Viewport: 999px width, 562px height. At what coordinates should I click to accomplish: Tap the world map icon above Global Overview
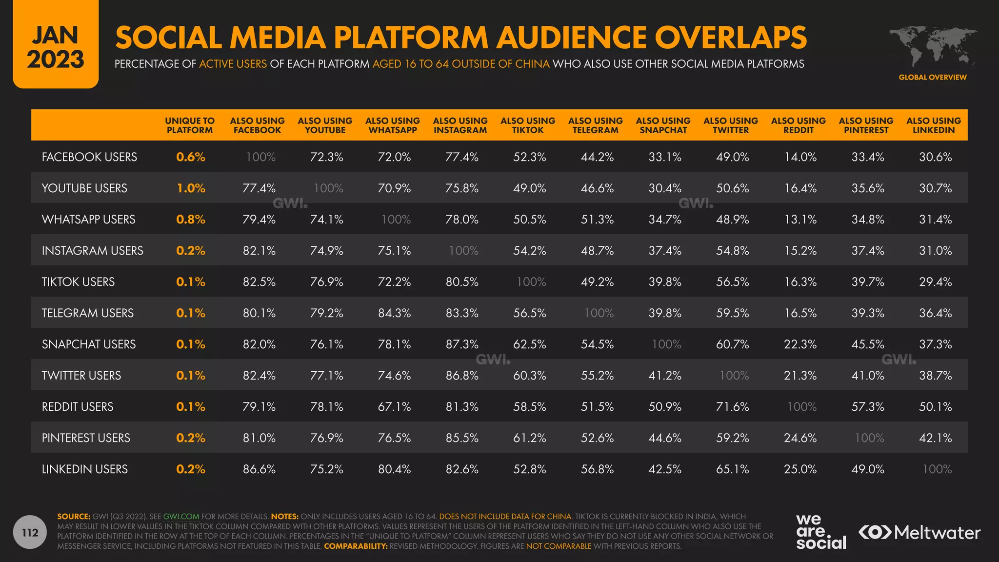click(932, 47)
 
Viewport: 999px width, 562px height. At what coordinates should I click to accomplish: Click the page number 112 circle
click(30, 532)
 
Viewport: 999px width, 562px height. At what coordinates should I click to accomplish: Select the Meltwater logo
click(919, 532)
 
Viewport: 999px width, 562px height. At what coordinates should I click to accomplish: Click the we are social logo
click(820, 532)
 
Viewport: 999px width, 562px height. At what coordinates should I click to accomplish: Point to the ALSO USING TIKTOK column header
click(528, 125)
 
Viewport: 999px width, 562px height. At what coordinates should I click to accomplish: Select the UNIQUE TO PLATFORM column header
click(190, 125)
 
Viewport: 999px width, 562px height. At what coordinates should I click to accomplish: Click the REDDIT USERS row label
click(78, 407)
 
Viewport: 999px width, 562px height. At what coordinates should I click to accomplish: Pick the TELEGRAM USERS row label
click(88, 313)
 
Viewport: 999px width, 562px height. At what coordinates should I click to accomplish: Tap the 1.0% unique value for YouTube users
click(191, 188)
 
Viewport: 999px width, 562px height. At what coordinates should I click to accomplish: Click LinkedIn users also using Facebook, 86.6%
click(259, 469)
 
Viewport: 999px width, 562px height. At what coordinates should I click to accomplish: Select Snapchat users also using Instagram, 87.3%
click(462, 344)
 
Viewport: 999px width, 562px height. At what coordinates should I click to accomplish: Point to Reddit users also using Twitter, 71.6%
click(732, 407)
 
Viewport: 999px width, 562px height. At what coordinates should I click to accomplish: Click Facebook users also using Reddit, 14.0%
click(800, 157)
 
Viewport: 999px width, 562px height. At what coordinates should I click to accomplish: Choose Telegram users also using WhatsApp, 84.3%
click(394, 313)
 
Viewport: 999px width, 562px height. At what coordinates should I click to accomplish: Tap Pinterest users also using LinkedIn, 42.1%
click(935, 438)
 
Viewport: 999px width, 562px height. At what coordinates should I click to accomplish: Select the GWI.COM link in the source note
click(181, 517)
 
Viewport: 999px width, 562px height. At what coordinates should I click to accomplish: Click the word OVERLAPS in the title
click(730, 38)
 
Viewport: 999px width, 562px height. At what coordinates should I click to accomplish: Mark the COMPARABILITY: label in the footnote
click(356, 546)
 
